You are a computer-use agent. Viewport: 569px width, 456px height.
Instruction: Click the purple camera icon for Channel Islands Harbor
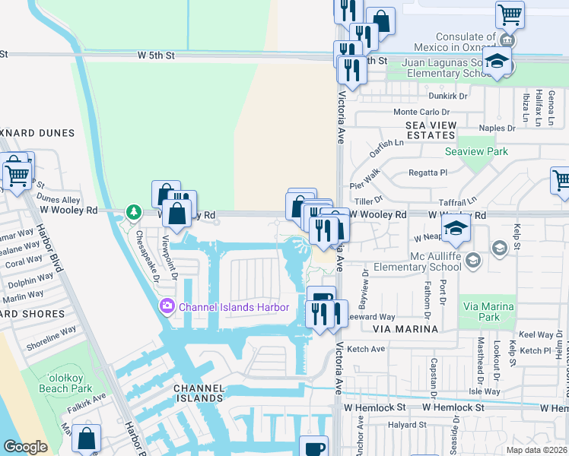[x=167, y=307]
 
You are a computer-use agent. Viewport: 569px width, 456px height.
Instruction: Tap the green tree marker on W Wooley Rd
[x=134, y=212]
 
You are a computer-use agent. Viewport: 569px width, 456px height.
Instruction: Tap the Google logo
[x=25, y=447]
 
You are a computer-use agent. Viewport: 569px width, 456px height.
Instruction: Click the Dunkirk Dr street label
[x=447, y=97]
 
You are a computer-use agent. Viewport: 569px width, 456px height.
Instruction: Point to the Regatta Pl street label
[x=428, y=173]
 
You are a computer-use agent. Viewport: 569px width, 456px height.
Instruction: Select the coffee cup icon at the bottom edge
[x=313, y=447]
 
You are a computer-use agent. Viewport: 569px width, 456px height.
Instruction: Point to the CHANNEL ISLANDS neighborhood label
[x=199, y=393]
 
